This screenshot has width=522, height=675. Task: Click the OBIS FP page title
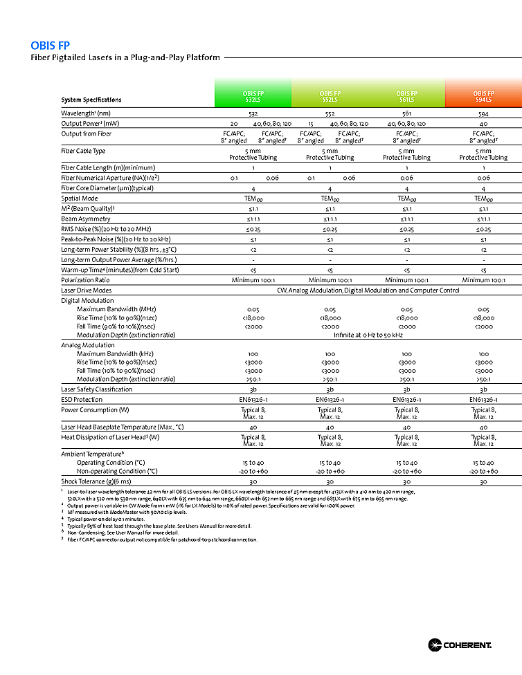tap(50, 46)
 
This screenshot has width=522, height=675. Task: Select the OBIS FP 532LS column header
tap(253, 96)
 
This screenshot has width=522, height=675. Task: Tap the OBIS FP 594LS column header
tap(483, 96)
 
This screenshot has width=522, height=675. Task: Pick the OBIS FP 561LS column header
tap(406, 96)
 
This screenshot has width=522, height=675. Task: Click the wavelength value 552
tap(330, 113)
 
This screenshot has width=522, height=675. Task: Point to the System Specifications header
tap(91, 100)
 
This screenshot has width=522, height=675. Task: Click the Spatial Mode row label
tap(79, 198)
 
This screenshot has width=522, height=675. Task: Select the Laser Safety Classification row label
tap(96, 389)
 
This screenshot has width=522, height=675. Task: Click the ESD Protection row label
tap(82, 400)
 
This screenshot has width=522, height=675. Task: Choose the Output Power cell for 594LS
tap(483, 123)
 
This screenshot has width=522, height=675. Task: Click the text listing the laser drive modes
tap(368, 290)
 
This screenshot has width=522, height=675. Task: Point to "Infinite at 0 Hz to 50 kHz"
tap(368, 335)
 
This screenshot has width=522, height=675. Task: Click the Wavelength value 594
tap(483, 113)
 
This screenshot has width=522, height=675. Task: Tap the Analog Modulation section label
tap(88, 345)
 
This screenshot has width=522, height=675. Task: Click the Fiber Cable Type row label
tap(83, 151)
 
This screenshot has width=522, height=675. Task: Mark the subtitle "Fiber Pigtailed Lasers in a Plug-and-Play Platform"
tap(125, 57)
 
